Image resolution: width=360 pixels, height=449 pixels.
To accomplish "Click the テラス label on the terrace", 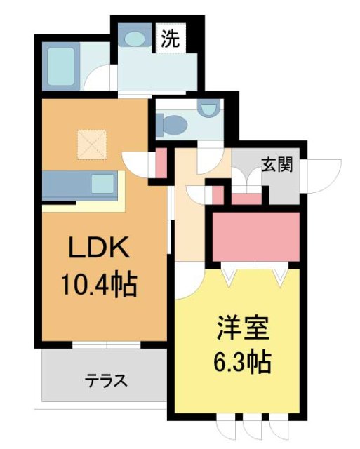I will tap(106, 381).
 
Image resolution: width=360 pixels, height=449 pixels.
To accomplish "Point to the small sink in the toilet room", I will tap(208, 109).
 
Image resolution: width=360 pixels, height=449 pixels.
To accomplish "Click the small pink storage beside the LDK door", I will tap(161, 163).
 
